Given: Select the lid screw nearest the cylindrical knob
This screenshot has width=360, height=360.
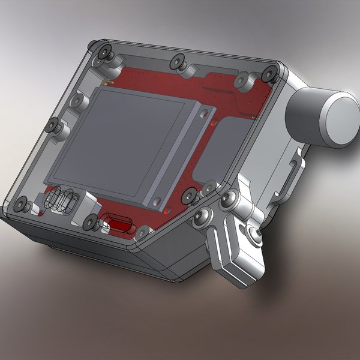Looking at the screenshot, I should (x=271, y=73).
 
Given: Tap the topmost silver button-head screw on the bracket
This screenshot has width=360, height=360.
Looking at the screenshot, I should (x=228, y=198).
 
